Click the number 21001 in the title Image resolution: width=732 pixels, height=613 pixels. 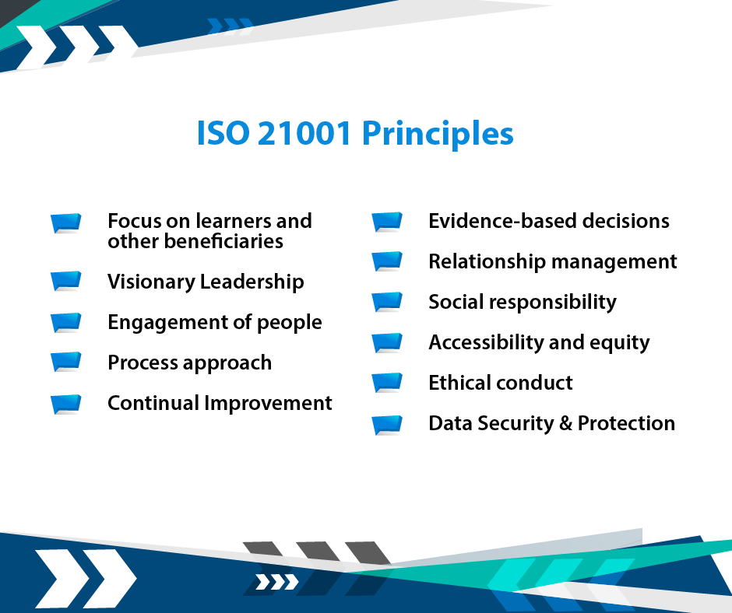pyautogui.click(x=304, y=133)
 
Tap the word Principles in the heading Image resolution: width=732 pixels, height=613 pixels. pyautogui.click(x=438, y=135)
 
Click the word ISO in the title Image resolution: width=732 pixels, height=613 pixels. pyautogui.click(x=223, y=133)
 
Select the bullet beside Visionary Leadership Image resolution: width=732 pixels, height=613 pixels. pyautogui.click(x=66, y=282)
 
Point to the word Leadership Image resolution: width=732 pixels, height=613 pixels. pyautogui.click(x=252, y=282)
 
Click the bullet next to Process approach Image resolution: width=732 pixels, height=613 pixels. pyautogui.click(x=66, y=362)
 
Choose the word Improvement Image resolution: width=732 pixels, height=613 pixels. pyautogui.click(x=269, y=403)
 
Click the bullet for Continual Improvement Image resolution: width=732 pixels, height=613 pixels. pyautogui.click(x=66, y=405)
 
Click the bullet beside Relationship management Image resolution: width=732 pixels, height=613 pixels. pyautogui.click(x=387, y=261)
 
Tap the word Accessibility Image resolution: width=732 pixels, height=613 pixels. pyautogui.click(x=486, y=343)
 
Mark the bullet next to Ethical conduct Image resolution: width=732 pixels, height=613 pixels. pyautogui.click(x=387, y=383)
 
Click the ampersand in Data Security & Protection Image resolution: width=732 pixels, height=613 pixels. pyautogui.click(x=565, y=423)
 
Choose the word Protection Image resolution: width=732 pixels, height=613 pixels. pyautogui.click(x=627, y=423)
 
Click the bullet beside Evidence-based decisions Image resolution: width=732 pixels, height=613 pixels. pyautogui.click(x=387, y=222)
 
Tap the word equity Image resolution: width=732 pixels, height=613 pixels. pyautogui.click(x=620, y=344)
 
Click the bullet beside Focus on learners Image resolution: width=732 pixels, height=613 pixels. pyautogui.click(x=66, y=223)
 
